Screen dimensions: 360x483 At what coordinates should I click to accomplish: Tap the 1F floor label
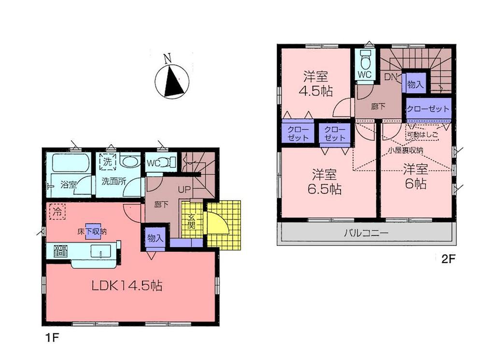click(x=53, y=336)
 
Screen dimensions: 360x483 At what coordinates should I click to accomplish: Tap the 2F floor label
click(x=448, y=259)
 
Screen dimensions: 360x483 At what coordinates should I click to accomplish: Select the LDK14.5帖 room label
click(x=127, y=286)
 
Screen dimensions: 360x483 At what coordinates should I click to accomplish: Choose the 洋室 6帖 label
click(x=415, y=177)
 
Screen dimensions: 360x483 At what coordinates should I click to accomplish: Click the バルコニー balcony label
click(x=366, y=233)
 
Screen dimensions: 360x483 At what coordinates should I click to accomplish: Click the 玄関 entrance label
click(x=191, y=222)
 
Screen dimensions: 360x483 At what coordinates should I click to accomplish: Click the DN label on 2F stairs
click(x=390, y=76)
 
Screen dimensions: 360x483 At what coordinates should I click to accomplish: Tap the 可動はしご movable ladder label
click(x=422, y=135)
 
